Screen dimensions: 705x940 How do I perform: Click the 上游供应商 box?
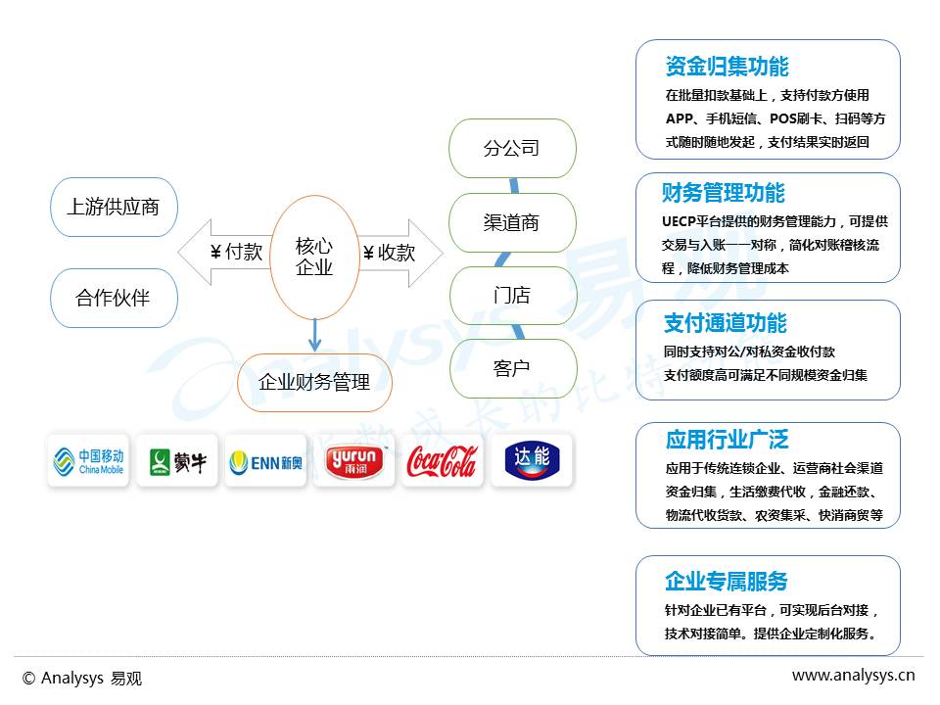coord(114,207)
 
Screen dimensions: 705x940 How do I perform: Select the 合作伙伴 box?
coord(114,298)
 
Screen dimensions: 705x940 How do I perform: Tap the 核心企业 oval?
coord(314,257)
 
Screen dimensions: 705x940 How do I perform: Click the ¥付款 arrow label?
coord(236,252)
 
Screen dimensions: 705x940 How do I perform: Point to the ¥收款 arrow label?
coord(389,253)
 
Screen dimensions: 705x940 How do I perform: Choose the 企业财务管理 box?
coord(314,382)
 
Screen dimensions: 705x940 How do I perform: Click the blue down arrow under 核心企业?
coord(314,336)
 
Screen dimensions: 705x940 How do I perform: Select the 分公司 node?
coord(511,149)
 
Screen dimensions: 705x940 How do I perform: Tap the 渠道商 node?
coord(511,222)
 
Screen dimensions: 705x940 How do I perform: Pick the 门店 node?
coord(511,296)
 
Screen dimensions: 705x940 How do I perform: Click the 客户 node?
coord(511,368)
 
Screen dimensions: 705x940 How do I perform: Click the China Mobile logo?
coord(88,461)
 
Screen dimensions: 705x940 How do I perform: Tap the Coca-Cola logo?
coord(442,461)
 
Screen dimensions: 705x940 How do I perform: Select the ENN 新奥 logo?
coord(264,461)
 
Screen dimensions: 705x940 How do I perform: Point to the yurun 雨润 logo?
coord(353,461)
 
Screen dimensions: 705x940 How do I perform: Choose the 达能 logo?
coord(532,461)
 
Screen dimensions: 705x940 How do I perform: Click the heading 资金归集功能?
coord(727,67)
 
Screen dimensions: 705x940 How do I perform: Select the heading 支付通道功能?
coord(726,323)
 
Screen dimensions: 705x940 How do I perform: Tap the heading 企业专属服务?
coord(727,582)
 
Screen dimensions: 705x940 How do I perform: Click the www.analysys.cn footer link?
coord(853,675)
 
